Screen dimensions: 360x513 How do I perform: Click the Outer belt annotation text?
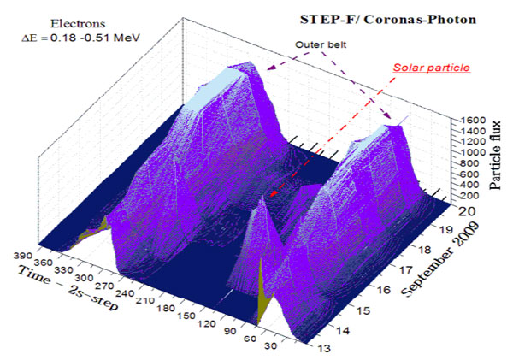click(323, 44)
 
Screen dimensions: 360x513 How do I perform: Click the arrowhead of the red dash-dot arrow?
click(271, 196)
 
